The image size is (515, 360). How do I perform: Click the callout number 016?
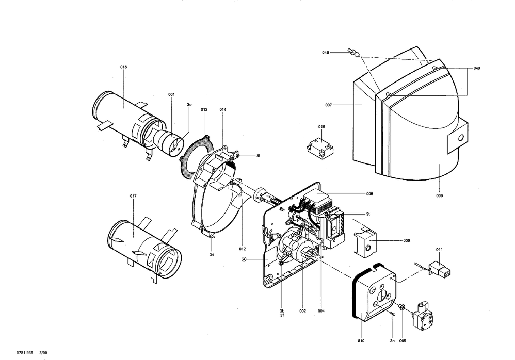click(x=123, y=67)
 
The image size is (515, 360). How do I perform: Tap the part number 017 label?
click(x=133, y=196)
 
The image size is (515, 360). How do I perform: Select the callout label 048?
click(x=326, y=53)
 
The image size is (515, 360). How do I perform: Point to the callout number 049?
click(x=477, y=68)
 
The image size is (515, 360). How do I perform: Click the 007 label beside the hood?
click(x=328, y=105)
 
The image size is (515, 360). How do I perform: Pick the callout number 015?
click(x=321, y=127)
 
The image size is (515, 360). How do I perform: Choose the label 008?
click(x=369, y=194)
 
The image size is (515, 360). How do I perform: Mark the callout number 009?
click(x=407, y=240)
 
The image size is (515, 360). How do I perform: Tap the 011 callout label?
click(x=439, y=250)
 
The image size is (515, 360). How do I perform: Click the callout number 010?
click(x=361, y=341)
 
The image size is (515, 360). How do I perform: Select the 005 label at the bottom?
click(x=403, y=341)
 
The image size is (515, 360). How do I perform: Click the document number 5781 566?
click(x=25, y=353)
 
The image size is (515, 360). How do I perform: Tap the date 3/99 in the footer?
click(x=43, y=353)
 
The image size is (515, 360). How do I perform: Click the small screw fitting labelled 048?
click(x=353, y=53)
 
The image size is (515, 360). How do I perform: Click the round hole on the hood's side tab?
click(x=461, y=138)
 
